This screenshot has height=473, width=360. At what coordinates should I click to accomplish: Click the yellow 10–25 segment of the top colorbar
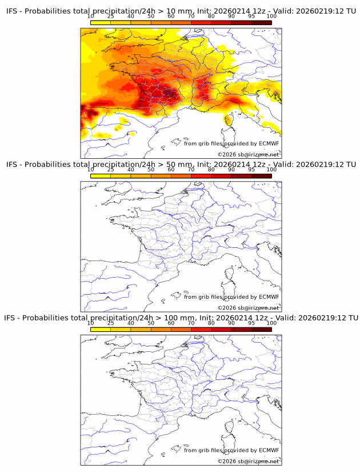[101, 23]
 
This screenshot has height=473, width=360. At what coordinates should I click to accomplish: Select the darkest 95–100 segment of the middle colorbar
[261, 176]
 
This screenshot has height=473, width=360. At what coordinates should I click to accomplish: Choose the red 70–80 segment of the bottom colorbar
[201, 329]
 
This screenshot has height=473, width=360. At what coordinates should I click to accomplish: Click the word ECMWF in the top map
[269, 143]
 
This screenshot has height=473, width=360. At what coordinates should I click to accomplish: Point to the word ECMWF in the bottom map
[269, 450]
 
